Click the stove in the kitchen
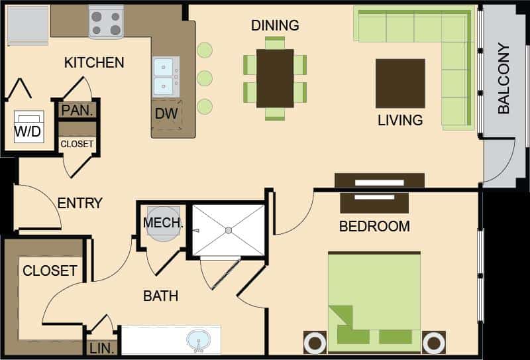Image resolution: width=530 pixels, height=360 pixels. point(106,22)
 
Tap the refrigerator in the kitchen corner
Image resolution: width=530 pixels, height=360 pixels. point(28,25)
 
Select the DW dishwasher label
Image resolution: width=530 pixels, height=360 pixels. point(166,113)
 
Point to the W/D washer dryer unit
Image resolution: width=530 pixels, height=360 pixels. point(29,127)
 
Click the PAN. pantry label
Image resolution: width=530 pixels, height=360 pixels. point(78,111)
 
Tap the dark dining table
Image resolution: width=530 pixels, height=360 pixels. point(275,78)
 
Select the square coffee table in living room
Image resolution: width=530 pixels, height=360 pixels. point(400,84)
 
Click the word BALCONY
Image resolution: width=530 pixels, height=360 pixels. point(503,78)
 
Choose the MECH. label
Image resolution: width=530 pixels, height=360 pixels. point(163,223)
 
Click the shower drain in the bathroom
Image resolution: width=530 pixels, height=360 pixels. point(229,231)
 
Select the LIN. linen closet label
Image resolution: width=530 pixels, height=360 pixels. point(101,348)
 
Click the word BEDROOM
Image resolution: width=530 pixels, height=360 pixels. point(374,226)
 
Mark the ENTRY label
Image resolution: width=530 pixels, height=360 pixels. point(79,203)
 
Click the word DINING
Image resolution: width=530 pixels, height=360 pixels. point(275,25)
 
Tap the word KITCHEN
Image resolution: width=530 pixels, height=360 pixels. point(94,62)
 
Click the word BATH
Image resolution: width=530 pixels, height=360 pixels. point(161,296)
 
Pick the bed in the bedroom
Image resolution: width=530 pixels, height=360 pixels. point(374,302)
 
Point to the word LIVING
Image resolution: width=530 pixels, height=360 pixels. point(400,121)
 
